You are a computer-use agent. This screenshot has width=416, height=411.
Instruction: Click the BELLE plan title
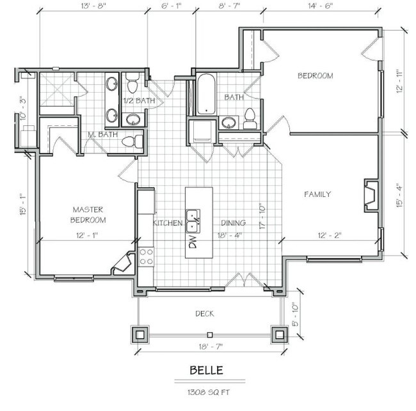(x=208, y=370)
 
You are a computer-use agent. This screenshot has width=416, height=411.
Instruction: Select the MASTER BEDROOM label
(x=88, y=214)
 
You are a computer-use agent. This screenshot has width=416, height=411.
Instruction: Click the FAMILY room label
(x=317, y=194)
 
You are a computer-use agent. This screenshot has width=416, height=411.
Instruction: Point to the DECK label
(x=205, y=314)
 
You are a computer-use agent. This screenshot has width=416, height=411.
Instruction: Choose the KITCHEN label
(x=168, y=223)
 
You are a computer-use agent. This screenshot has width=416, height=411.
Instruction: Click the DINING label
(x=234, y=223)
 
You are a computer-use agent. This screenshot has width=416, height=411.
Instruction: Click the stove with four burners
(x=146, y=256)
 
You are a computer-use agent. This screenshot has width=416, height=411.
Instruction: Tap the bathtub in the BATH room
(x=206, y=95)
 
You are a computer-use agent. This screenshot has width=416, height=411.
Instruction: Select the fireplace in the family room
(x=370, y=195)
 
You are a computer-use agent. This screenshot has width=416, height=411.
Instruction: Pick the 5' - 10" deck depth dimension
(x=294, y=314)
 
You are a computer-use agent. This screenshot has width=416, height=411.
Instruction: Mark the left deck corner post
(x=140, y=334)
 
